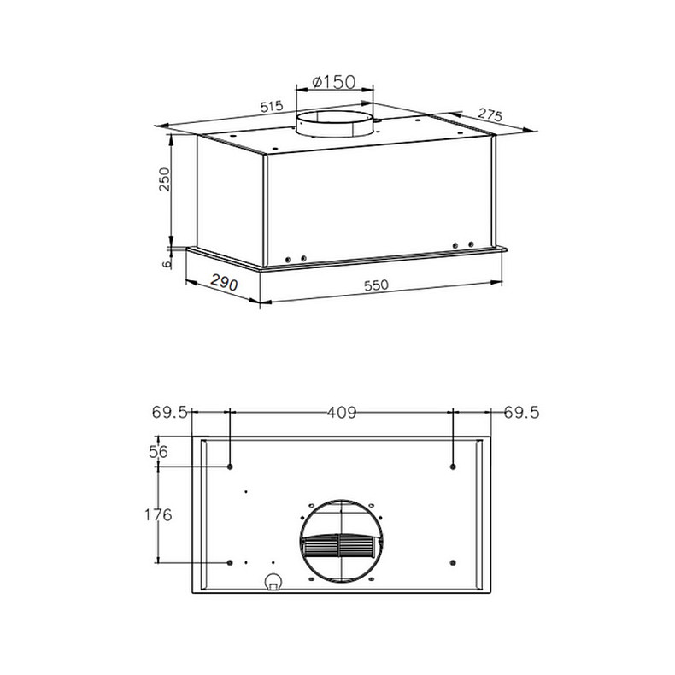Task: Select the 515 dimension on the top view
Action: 271,107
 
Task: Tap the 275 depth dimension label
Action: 490,114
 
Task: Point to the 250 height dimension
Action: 166,180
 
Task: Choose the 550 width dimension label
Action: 377,286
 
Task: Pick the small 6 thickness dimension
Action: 167,264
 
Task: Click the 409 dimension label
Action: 341,413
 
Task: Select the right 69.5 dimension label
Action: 521,413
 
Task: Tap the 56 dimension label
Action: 158,453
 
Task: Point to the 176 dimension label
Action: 158,514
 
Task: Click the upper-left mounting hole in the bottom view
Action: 231,467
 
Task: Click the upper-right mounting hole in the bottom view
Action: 453,467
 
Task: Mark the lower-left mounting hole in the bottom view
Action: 231,562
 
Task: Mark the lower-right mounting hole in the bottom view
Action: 453,562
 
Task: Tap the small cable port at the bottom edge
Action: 273,584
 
